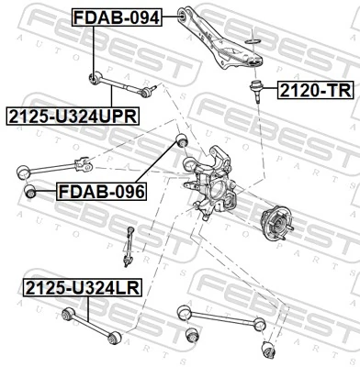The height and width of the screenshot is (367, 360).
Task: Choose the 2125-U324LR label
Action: tap(83, 287)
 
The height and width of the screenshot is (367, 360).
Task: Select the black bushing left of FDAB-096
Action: tap(31, 191)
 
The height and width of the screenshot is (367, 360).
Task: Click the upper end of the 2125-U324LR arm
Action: tap(66, 315)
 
